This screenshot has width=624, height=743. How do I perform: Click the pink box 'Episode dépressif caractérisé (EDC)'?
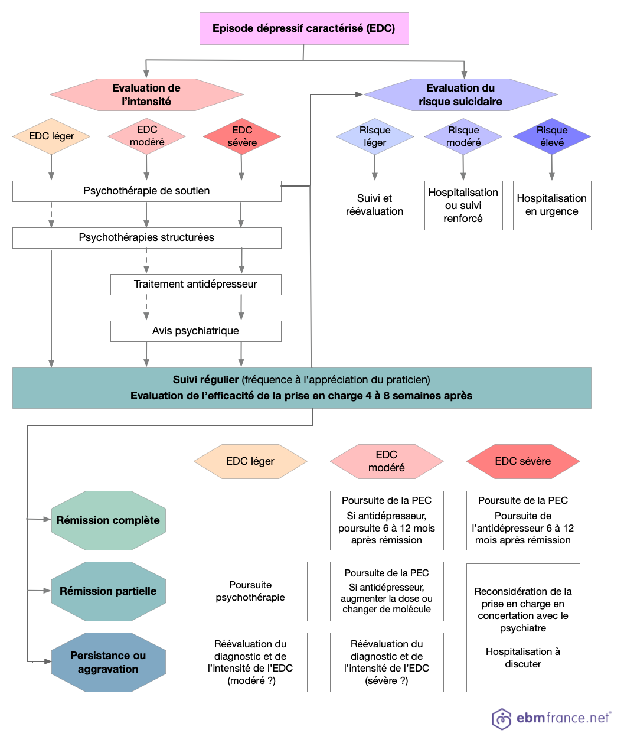pyautogui.click(x=304, y=28)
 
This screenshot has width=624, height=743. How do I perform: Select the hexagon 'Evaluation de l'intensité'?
pyautogui.click(x=146, y=94)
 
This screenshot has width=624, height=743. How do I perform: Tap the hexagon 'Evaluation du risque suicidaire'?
pyautogui.click(x=460, y=94)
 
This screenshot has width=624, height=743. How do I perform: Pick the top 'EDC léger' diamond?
pyautogui.click(x=51, y=136)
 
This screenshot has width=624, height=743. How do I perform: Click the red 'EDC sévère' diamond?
pyautogui.click(x=241, y=136)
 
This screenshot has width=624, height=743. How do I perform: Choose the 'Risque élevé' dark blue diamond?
pyautogui.click(x=551, y=136)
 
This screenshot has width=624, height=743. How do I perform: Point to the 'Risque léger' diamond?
pyautogui.click(x=374, y=136)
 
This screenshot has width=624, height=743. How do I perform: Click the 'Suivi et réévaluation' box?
pyautogui.click(x=374, y=205)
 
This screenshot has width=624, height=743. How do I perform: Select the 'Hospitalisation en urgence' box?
pyautogui.click(x=551, y=205)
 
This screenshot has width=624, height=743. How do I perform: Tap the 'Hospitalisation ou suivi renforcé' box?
pyautogui.click(x=463, y=205)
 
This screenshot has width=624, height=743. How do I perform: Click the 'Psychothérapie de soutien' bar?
pyautogui.click(x=146, y=191)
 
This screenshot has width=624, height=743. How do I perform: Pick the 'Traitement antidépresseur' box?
pyautogui.click(x=195, y=284)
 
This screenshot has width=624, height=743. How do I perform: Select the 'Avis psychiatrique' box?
pyautogui.click(x=195, y=331)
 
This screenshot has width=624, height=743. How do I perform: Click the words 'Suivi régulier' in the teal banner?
pyautogui.click(x=205, y=380)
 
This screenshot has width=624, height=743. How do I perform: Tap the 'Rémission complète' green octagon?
pyautogui.click(x=108, y=520)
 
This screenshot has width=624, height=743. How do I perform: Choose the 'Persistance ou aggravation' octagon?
pyautogui.click(x=108, y=662)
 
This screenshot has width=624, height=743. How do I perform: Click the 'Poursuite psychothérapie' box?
pyautogui.click(x=250, y=591)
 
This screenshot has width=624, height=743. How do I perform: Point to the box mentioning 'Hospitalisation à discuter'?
pyautogui.click(x=523, y=627)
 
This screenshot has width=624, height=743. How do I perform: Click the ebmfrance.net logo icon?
pyautogui.click(x=502, y=718)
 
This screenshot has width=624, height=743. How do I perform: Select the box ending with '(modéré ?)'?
pyautogui.click(x=250, y=662)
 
